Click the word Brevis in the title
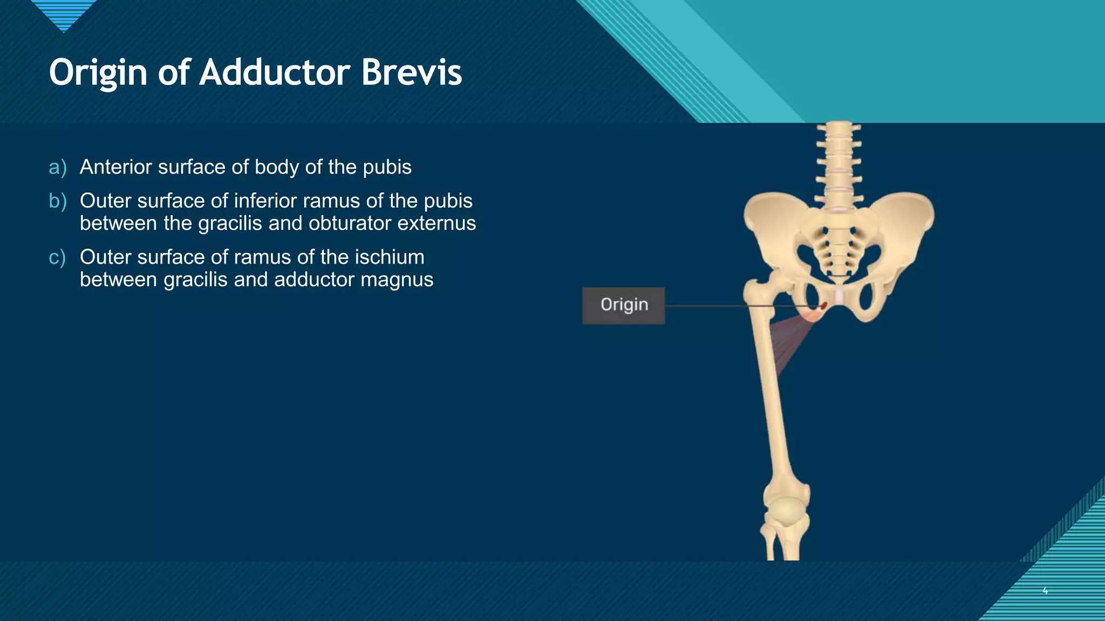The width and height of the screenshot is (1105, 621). pyautogui.click(x=411, y=72)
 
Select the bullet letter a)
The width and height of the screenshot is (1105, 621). pyautogui.click(x=58, y=168)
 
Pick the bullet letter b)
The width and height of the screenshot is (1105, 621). pyautogui.click(x=58, y=201)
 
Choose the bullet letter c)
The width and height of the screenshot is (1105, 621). pyautogui.click(x=57, y=258)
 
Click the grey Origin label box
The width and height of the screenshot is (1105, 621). pyautogui.click(x=623, y=306)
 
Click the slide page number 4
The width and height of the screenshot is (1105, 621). pyautogui.click(x=1045, y=591)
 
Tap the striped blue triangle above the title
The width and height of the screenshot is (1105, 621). pyautogui.click(x=64, y=14)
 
